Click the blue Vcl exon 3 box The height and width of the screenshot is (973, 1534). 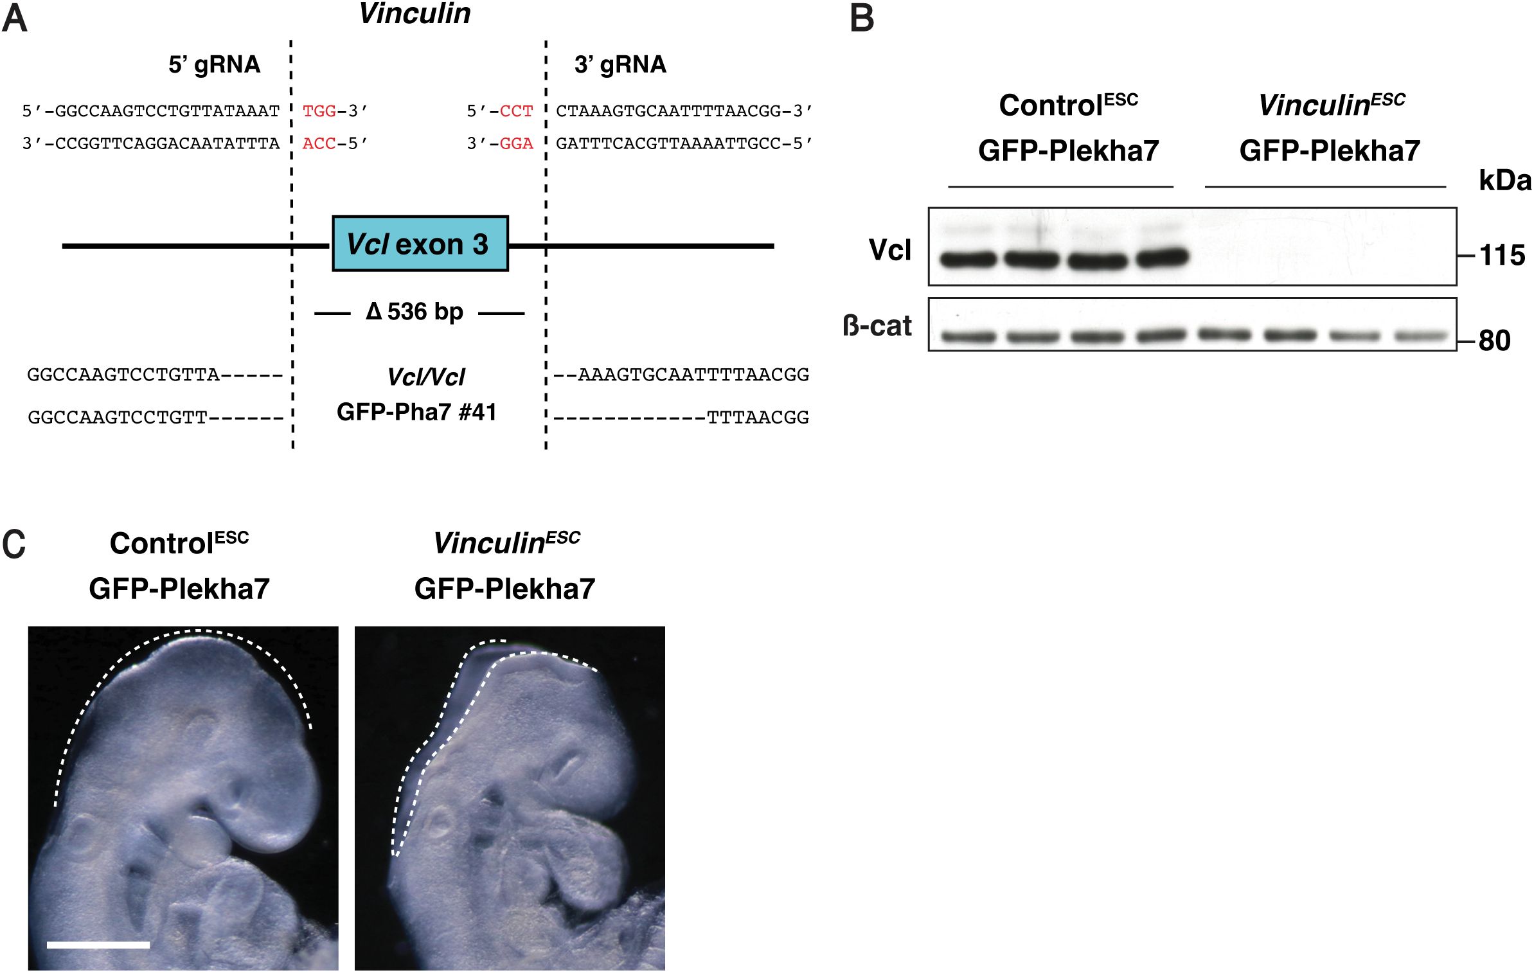[420, 244]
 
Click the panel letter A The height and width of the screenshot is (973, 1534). [14, 18]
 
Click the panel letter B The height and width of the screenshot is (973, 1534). [862, 18]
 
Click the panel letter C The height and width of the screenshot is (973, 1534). [13, 544]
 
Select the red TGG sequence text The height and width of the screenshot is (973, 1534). [319, 111]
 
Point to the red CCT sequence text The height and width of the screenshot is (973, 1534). [516, 111]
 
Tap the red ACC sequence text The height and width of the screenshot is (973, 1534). [319, 143]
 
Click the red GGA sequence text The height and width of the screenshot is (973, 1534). [516, 143]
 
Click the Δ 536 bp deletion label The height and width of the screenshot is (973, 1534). [415, 312]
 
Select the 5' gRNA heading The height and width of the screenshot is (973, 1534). [214, 64]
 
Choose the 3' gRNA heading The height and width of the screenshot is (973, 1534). [620, 64]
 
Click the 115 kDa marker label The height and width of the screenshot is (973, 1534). [1502, 256]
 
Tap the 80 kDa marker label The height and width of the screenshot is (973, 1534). [1495, 341]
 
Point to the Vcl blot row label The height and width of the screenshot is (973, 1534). [889, 249]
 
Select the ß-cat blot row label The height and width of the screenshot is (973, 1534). [877, 326]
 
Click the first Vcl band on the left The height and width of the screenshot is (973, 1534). [967, 259]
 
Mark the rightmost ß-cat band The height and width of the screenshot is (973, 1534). [1420, 336]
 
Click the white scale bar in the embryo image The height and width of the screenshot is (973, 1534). [98, 945]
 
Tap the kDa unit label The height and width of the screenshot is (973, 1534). [1504, 181]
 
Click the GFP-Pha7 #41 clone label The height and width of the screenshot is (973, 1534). [416, 412]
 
